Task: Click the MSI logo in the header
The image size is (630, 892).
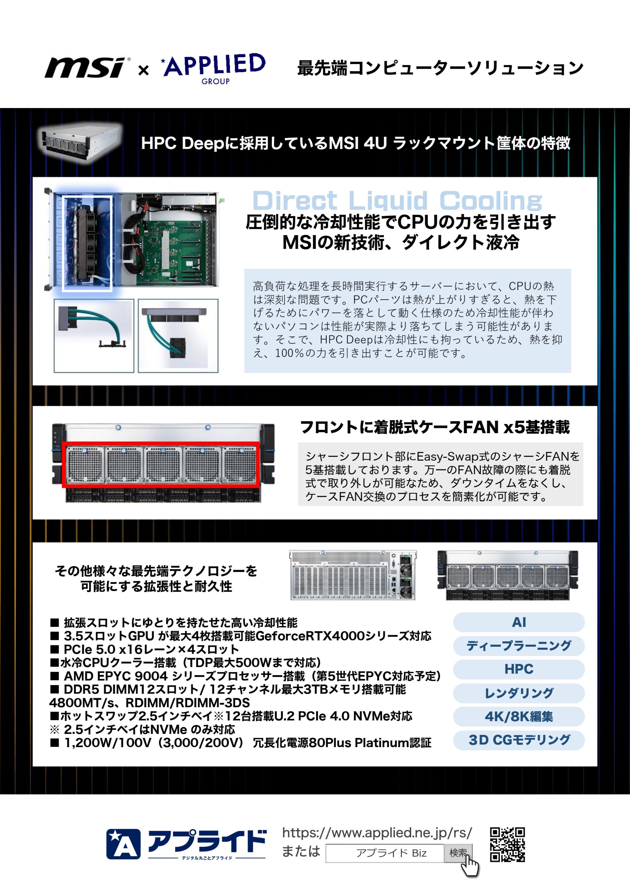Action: (x=87, y=67)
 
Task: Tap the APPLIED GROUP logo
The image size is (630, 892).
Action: (x=213, y=68)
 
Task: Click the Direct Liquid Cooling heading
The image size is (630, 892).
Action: (x=397, y=200)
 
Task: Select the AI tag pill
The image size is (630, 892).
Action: (x=519, y=622)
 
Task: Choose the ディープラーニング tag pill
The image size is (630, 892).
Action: (x=519, y=646)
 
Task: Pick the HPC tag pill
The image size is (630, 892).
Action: (x=519, y=669)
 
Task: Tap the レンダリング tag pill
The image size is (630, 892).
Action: (x=519, y=693)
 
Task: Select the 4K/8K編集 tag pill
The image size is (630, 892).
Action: (x=519, y=716)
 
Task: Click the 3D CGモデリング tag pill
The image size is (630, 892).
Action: (x=519, y=740)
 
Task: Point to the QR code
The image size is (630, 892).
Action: (x=507, y=845)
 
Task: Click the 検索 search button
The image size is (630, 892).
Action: (x=458, y=853)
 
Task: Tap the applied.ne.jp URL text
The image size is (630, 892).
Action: (x=377, y=832)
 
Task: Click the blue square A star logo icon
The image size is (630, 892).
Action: (x=123, y=844)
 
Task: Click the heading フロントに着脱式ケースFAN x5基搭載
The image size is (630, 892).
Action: (x=435, y=427)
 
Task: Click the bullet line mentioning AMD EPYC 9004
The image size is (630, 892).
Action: (x=246, y=676)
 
